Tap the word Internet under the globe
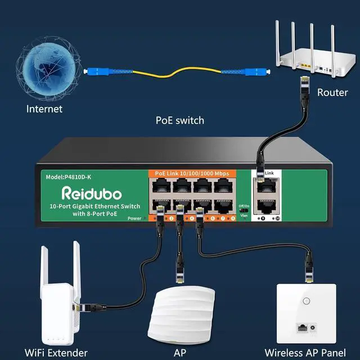pos(44,109)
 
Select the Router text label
pos(332,92)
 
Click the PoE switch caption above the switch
pos(180,120)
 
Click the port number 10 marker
pos(277,217)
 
